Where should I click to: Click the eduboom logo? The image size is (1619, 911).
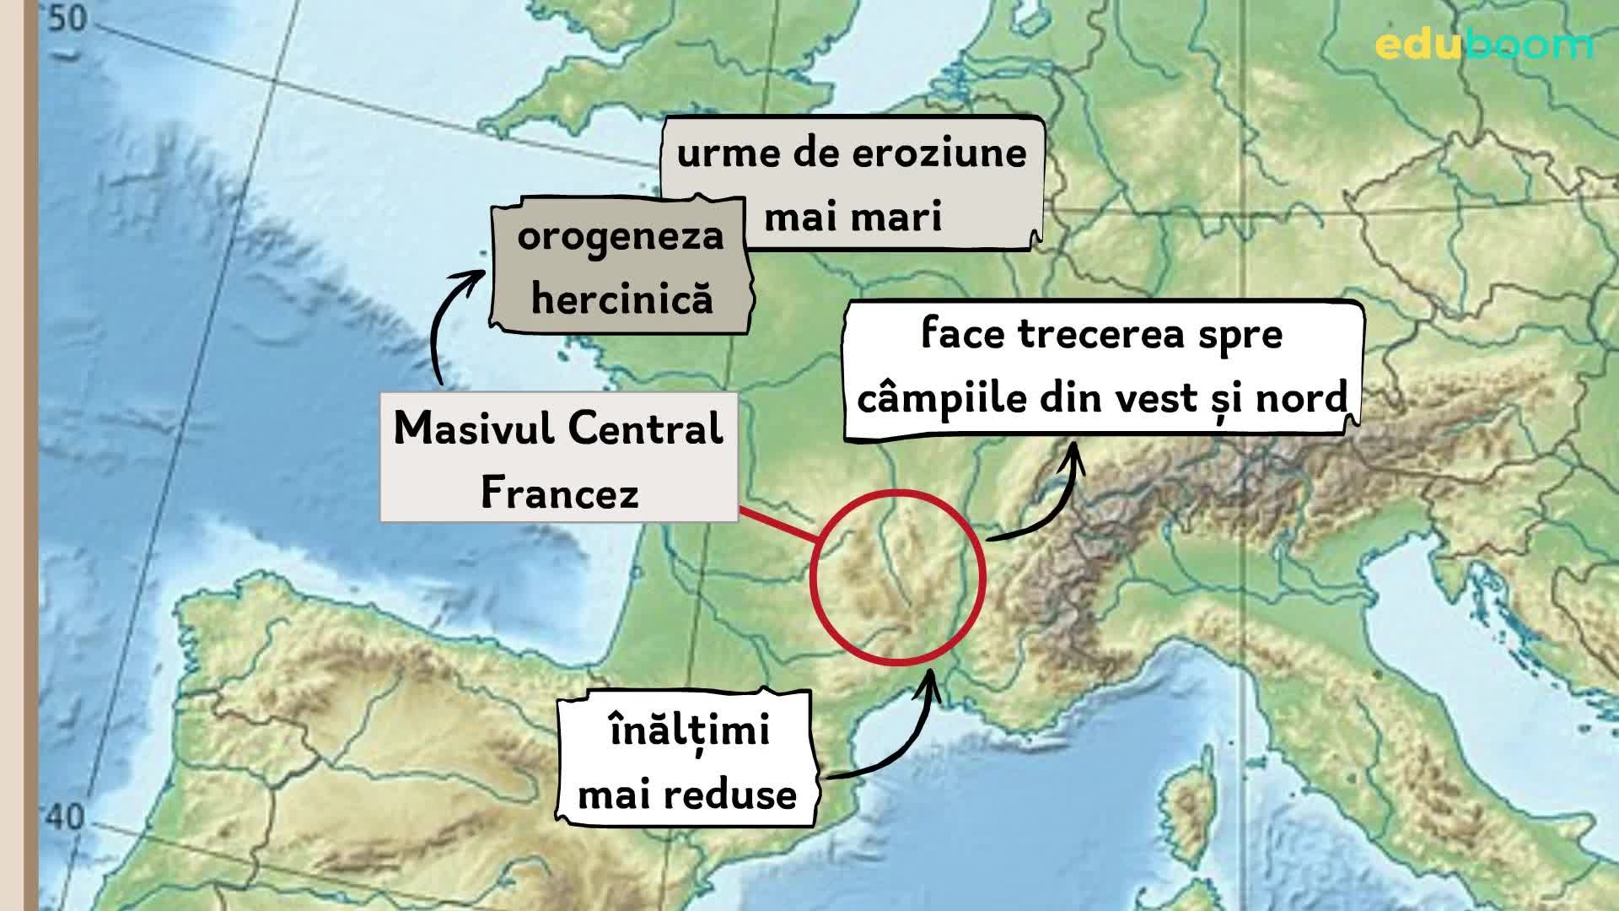pos(1483,44)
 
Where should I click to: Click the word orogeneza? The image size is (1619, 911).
pos(621,236)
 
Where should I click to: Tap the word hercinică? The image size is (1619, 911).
pos(622,299)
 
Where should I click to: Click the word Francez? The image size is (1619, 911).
pos(559,493)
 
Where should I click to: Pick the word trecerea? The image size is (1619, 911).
pos(1095,334)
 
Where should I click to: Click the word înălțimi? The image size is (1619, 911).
pos(689,730)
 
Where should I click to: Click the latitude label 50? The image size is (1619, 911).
pos(67,19)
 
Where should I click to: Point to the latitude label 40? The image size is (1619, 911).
pos(65,817)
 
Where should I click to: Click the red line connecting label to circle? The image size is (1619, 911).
pos(776,524)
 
